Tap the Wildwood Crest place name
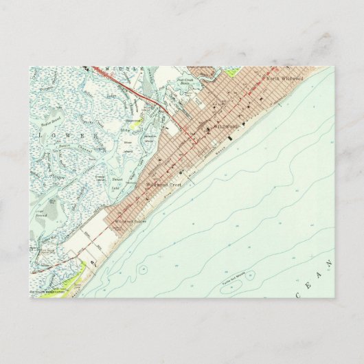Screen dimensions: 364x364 pos(161,185)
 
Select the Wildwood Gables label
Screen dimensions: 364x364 pos(130,222)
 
